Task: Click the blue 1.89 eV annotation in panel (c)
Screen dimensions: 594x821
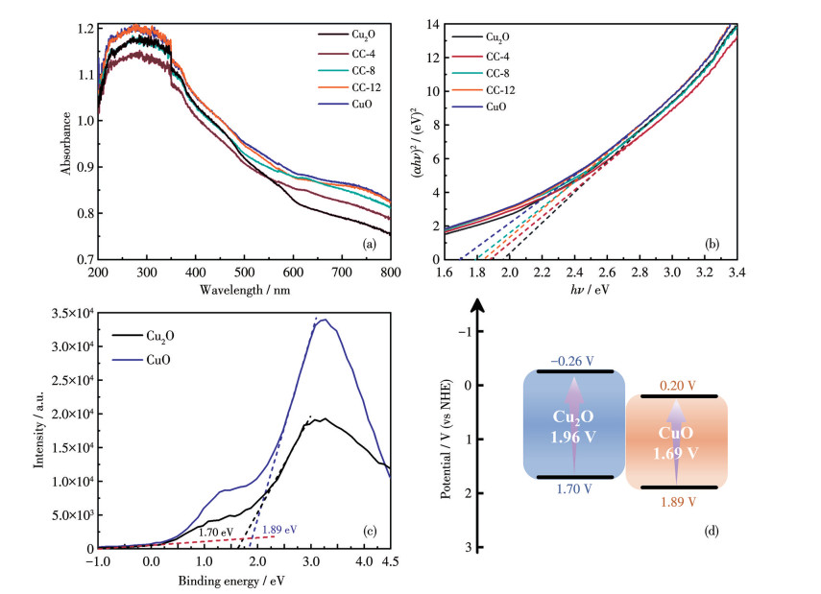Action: (279, 528)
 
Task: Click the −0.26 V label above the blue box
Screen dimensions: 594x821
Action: (572, 361)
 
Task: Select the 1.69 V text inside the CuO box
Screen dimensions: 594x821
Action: (677, 449)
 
